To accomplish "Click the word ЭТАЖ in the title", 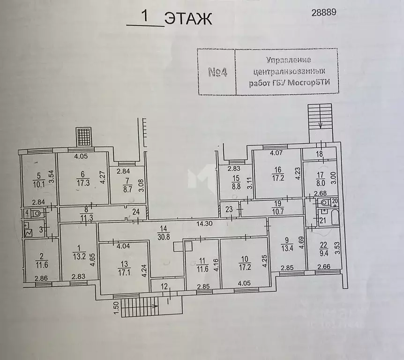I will coord(188,19).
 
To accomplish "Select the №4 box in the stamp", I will coord(217,72).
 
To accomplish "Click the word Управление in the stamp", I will coord(289,60).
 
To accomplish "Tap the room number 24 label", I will coord(136,211).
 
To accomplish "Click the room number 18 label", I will coord(319,154).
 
